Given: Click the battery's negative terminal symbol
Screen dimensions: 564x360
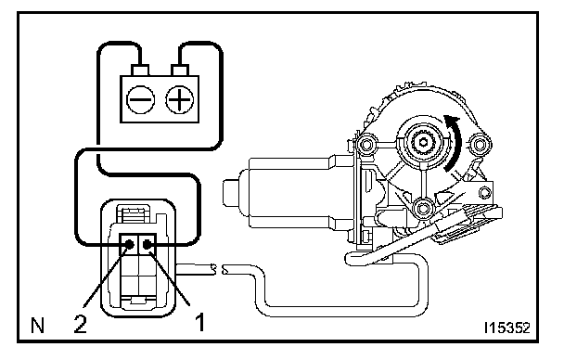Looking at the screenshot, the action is [141, 99].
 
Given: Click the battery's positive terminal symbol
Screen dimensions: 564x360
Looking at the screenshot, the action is [180, 99].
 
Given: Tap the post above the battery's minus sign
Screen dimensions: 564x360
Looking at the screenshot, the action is [140, 71].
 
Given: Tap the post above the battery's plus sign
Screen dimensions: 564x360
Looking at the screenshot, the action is [180, 71].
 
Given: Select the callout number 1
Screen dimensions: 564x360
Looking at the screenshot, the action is [200, 322].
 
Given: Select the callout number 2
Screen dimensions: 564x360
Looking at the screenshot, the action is [81, 323].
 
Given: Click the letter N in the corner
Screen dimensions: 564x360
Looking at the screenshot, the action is [38, 326].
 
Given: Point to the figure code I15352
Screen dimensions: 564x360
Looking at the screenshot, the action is [507, 328].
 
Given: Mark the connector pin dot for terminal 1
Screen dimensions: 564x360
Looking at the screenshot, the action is [147, 245].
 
